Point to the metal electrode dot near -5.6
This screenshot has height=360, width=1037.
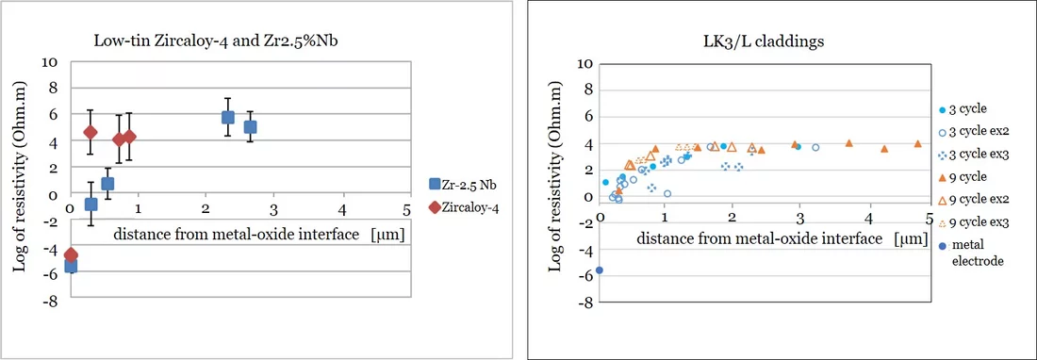[x=599, y=270]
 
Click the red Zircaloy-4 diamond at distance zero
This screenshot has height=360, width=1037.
[x=71, y=254]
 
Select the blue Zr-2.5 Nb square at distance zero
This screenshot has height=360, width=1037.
[x=71, y=267]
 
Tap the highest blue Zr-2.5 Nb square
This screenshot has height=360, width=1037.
[x=227, y=117]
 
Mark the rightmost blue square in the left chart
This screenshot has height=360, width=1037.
[x=250, y=126]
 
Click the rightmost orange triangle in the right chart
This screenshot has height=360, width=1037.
[x=917, y=143]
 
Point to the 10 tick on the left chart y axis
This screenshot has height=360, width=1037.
[x=53, y=61]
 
